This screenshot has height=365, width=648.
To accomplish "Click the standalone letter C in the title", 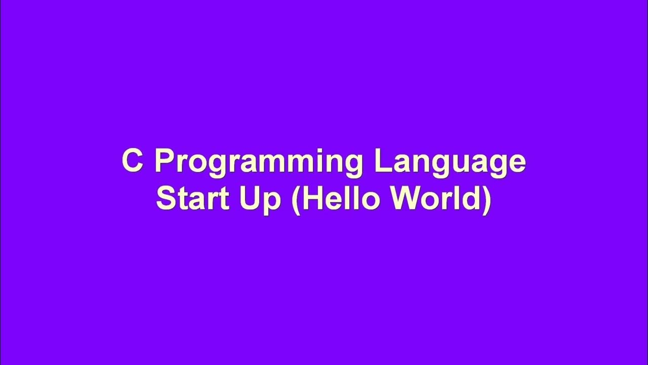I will coord(132,161).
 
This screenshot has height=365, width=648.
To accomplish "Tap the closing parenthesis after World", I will coord(487,200).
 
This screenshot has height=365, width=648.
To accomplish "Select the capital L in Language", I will coord(382,161).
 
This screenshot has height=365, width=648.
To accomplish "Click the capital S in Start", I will coord(166,199).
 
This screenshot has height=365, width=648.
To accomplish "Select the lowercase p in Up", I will coord(272,202).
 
